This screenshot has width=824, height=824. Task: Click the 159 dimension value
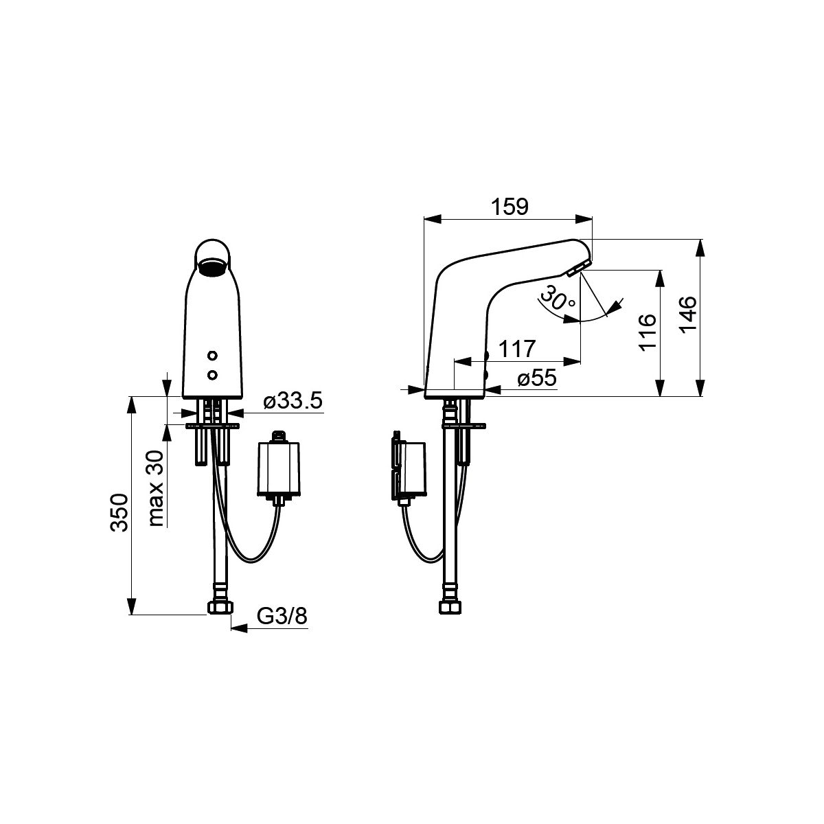[510, 207]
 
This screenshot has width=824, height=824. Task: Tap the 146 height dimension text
[688, 314]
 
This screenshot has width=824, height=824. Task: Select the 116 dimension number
[648, 332]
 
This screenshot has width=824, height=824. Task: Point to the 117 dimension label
[517, 349]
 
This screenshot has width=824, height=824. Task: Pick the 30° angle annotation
[558, 299]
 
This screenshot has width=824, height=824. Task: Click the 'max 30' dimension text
[157, 488]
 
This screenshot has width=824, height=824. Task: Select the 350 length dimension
[119, 513]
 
